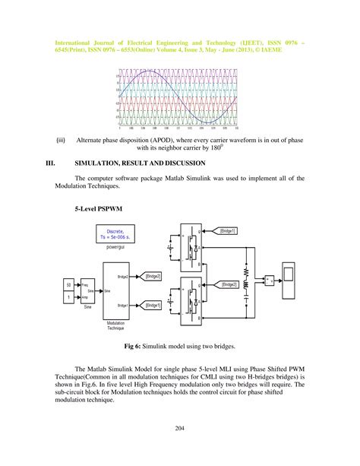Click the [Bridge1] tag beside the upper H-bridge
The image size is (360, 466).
coord(226,230)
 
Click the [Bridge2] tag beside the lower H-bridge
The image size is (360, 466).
coord(226,284)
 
